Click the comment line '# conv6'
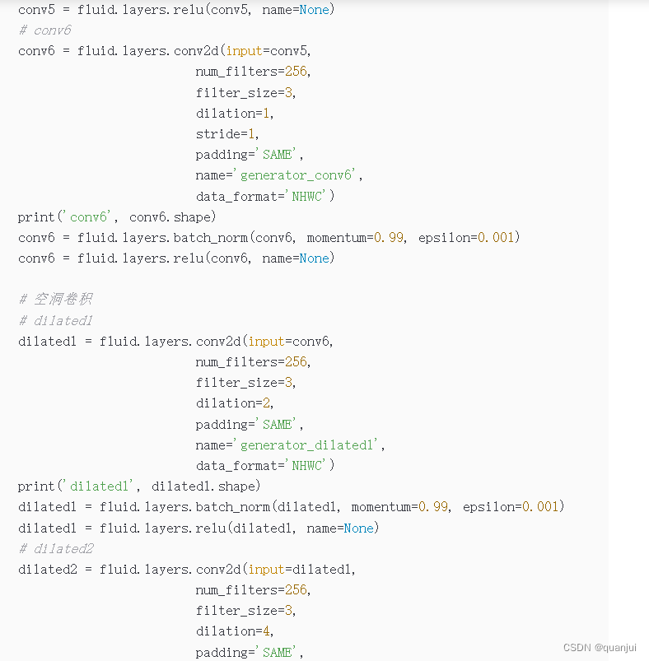point(44,30)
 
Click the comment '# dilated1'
point(55,320)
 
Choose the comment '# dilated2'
point(55,549)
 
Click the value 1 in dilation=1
point(269,114)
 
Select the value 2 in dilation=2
point(269,403)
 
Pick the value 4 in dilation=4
point(269,631)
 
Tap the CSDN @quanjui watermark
point(600,648)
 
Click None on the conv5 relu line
point(314,10)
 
